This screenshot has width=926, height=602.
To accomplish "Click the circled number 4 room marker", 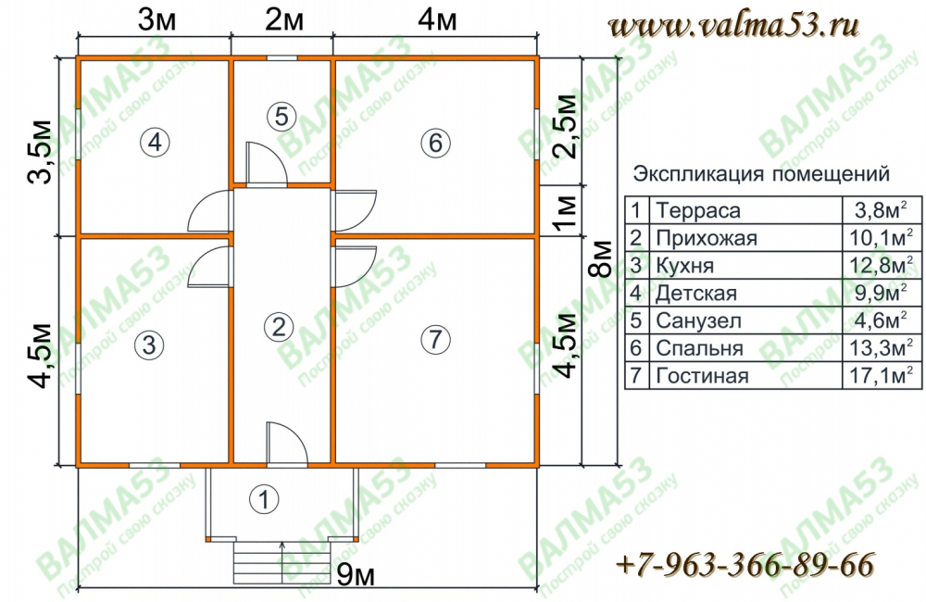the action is pos(155,142).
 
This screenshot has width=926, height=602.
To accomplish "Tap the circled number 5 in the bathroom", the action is pos(282,116).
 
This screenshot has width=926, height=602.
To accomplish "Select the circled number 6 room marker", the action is pos(436,143).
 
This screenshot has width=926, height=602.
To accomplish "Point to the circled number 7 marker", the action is pos(436,339).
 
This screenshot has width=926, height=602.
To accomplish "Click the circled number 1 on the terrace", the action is pos(264,499).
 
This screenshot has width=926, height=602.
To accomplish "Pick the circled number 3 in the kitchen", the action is pos(149,344).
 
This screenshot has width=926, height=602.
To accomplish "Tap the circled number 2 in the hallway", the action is pos(278,326).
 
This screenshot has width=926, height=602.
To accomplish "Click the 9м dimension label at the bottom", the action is pos(356,574).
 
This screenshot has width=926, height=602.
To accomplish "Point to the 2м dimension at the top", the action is pos(284,20).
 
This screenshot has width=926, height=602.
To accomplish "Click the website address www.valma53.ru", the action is pos(733,26).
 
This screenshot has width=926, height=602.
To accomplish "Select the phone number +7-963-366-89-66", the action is pos(745,565).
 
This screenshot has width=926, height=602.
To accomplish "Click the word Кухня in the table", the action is pos(684,266).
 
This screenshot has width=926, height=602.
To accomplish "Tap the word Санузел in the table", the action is pos(698,320).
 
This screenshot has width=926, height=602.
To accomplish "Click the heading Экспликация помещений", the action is pos(761,174).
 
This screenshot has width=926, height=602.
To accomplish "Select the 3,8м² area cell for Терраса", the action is pos(881,209).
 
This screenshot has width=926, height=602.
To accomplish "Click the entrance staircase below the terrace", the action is pos(282,560).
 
